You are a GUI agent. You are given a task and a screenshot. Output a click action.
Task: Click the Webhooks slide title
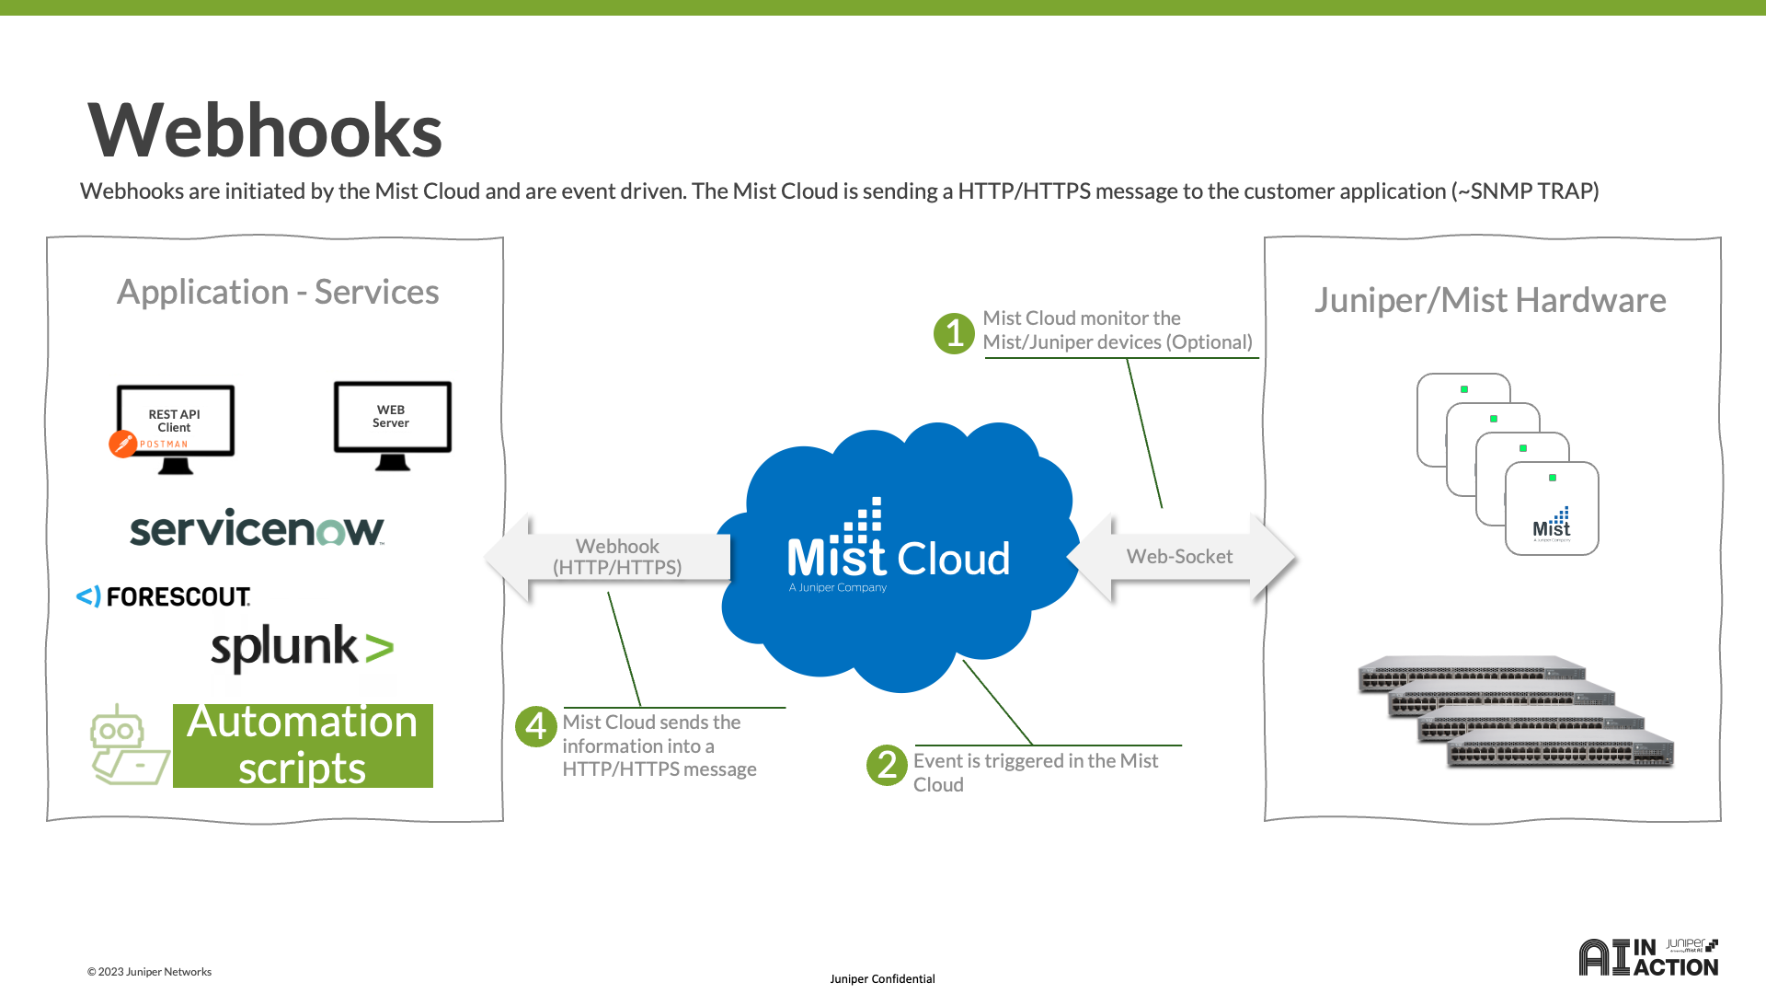click(x=265, y=130)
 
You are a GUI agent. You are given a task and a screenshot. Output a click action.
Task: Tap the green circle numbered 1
click(x=954, y=333)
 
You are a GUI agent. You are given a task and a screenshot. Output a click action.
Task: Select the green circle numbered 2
click(x=887, y=765)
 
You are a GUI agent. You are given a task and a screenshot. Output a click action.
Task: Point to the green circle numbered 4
click(x=535, y=726)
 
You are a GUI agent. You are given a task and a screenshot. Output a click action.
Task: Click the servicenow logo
click(x=257, y=527)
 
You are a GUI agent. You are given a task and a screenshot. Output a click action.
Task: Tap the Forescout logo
click(x=163, y=596)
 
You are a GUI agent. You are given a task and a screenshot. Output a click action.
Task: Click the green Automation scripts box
click(x=303, y=745)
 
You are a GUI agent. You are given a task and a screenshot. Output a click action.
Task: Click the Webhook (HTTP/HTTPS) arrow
click(x=608, y=558)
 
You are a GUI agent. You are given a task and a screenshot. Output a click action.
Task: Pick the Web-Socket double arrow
click(x=1181, y=557)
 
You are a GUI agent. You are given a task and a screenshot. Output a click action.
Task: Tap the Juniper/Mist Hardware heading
click(x=1490, y=300)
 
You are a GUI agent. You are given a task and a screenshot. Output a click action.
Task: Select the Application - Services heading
click(x=278, y=292)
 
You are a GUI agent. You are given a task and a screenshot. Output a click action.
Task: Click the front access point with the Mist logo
click(x=1552, y=509)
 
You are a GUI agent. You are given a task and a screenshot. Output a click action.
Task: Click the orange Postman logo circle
click(x=122, y=444)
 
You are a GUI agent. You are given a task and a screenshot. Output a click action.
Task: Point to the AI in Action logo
click(x=1648, y=957)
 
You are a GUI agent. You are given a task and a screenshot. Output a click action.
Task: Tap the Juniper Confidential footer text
click(x=882, y=978)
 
